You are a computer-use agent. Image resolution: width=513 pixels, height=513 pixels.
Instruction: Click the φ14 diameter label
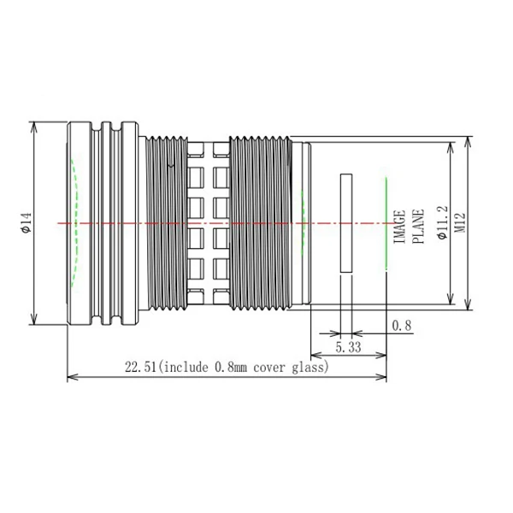tap(26, 223)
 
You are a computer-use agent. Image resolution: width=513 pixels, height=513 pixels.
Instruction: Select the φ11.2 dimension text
tap(441, 223)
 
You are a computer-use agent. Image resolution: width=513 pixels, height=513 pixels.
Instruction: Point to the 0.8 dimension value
tap(401, 326)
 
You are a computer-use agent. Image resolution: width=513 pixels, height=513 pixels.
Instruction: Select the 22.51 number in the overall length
tap(140, 368)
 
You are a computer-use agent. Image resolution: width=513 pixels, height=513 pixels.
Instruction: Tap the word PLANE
tap(418, 226)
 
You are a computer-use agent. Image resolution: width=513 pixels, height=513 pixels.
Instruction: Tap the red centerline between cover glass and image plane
tap(369, 223)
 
